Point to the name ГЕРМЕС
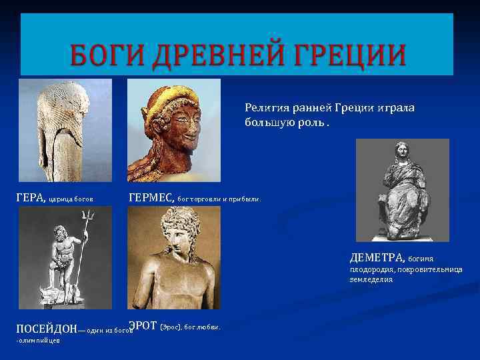point(149,197)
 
